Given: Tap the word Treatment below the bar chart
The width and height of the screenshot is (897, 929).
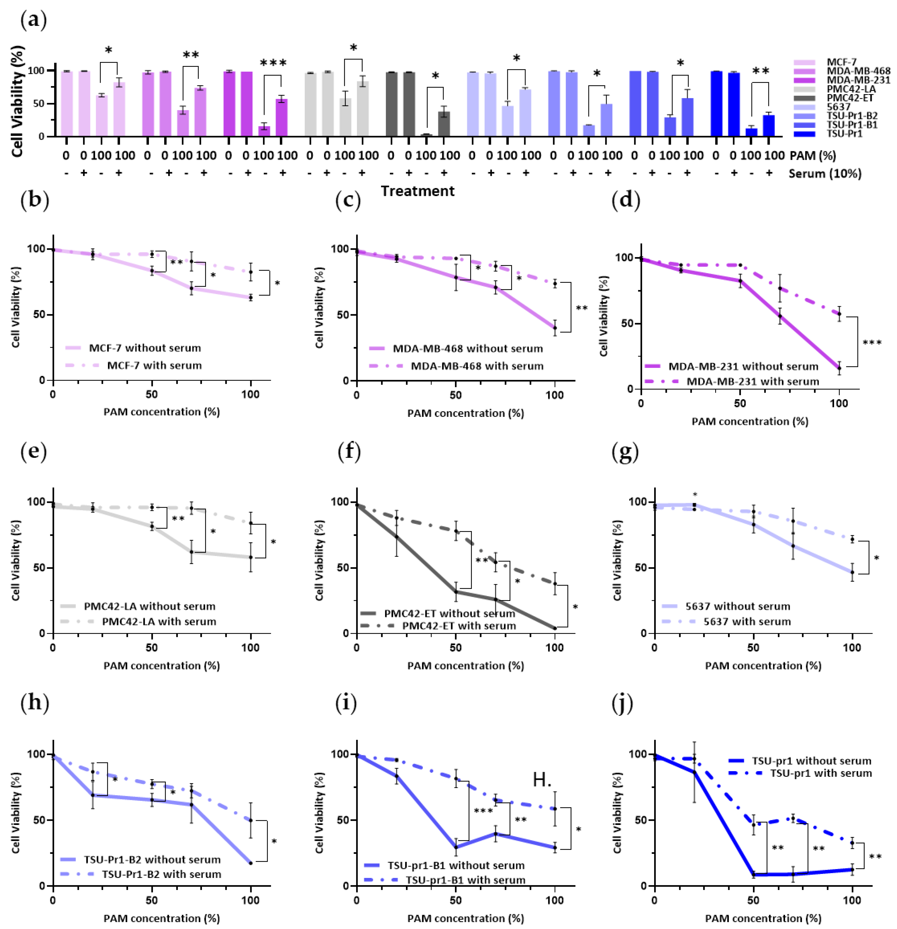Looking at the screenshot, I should pyautogui.click(x=417, y=191).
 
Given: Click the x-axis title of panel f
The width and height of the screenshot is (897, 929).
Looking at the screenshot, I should pyautogui.click(x=465, y=665).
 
